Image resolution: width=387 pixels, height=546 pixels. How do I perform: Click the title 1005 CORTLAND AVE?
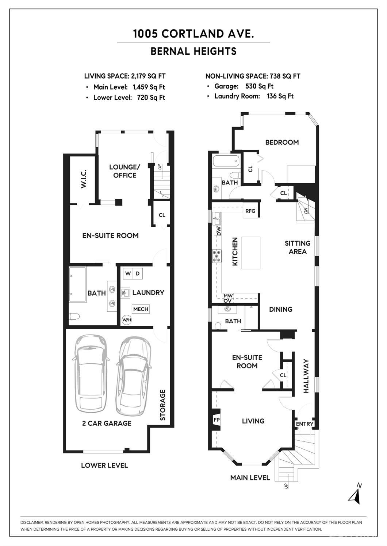click(x=193, y=34)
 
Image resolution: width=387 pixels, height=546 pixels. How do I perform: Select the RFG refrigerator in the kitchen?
click(x=250, y=211)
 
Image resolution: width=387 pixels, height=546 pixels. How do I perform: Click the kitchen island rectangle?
click(x=251, y=253)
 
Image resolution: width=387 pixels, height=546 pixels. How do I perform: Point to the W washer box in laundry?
click(x=128, y=273)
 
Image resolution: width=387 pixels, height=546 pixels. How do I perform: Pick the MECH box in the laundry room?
click(x=141, y=309)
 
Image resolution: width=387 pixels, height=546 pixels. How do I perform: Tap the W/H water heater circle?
click(x=126, y=320)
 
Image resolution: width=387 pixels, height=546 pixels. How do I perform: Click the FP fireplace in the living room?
click(x=216, y=420)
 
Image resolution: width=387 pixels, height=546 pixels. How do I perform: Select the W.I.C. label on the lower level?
click(x=84, y=179)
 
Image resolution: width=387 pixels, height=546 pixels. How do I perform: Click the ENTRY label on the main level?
click(x=304, y=424)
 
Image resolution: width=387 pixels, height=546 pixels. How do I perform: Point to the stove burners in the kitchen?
click(x=217, y=256)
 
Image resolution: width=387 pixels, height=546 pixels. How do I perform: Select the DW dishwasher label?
click(x=219, y=231)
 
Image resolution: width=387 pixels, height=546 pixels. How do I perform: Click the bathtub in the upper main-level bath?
click(x=226, y=161)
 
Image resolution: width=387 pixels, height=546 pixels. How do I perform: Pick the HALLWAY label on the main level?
click(x=306, y=376)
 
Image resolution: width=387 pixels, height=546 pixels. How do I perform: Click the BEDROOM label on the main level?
click(x=282, y=143)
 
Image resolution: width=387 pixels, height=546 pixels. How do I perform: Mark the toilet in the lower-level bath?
click(x=74, y=317)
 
